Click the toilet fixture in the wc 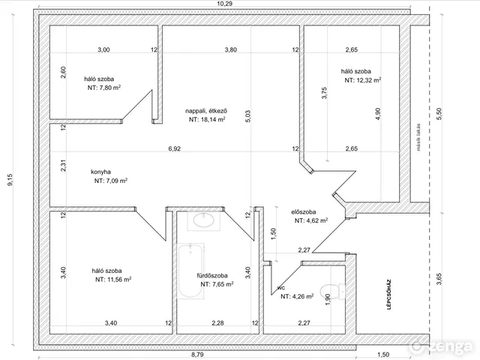tap(332, 292)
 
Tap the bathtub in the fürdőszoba tap(190, 271)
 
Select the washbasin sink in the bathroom tap(203, 220)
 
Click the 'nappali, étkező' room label tap(206, 111)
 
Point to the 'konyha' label tap(100, 172)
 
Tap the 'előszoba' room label tap(303, 211)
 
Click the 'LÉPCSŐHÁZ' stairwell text tap(389, 294)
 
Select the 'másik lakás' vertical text tap(418, 137)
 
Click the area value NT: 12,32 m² tap(363, 80)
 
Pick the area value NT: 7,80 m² tap(104, 88)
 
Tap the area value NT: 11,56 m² tap(113, 280)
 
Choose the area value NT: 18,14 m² tap(207, 119)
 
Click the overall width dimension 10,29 tap(225, 4)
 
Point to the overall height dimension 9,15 tap(10, 180)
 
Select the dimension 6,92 tap(175, 148)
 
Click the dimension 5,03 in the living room tap(248, 116)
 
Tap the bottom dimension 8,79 tap(197, 355)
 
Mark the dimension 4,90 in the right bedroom tap(378, 114)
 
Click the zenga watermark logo tap(442, 346)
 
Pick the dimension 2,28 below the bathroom tap(217, 322)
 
